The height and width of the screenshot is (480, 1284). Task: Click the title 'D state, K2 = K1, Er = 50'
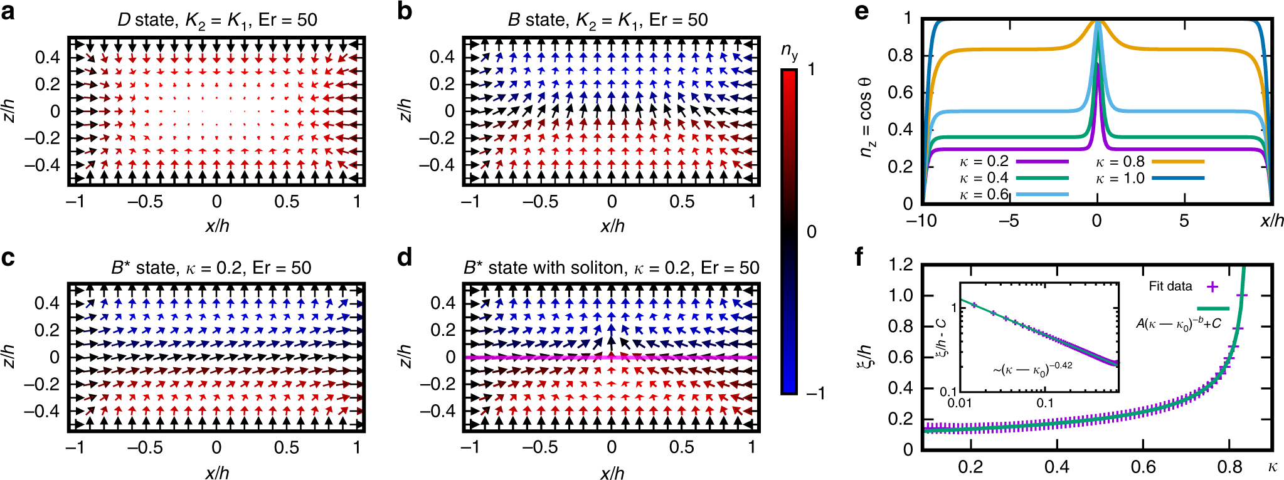click(x=217, y=20)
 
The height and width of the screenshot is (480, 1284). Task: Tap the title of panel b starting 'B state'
click(x=607, y=20)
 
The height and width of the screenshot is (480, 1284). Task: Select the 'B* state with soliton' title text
click(x=611, y=268)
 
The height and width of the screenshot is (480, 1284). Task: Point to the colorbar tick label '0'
click(x=812, y=232)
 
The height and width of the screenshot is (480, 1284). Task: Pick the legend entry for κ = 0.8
click(x=1149, y=162)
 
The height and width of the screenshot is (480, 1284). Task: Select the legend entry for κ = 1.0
click(x=1149, y=178)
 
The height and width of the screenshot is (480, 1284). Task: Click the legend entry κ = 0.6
click(x=1012, y=195)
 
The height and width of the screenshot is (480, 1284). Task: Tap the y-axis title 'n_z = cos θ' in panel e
click(x=866, y=117)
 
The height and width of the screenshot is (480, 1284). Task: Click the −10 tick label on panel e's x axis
click(x=921, y=221)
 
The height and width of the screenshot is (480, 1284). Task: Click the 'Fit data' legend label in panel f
click(x=1170, y=286)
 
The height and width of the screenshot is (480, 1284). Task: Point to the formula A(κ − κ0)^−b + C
click(x=1178, y=324)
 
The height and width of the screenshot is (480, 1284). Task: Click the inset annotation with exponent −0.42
click(x=1032, y=370)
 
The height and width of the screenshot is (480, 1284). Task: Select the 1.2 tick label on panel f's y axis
click(x=901, y=264)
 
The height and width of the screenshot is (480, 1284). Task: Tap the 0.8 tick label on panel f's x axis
click(x=1229, y=467)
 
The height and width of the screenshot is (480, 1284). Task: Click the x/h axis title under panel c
click(x=217, y=471)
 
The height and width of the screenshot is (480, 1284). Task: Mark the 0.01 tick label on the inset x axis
click(x=960, y=403)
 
